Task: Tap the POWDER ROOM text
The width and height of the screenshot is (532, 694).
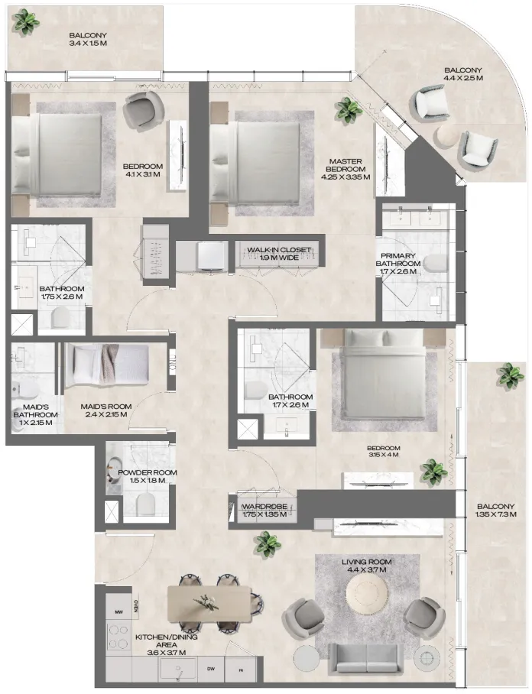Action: tap(148, 473)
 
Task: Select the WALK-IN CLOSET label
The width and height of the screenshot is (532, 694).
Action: tap(278, 250)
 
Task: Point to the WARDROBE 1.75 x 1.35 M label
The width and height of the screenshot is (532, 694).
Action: tap(264, 510)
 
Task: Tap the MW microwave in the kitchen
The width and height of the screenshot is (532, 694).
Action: tap(118, 612)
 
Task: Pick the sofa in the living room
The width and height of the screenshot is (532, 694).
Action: tap(366, 659)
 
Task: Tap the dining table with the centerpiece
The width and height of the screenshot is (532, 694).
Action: tap(208, 603)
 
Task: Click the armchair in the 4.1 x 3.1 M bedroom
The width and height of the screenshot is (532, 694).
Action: tap(140, 112)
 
